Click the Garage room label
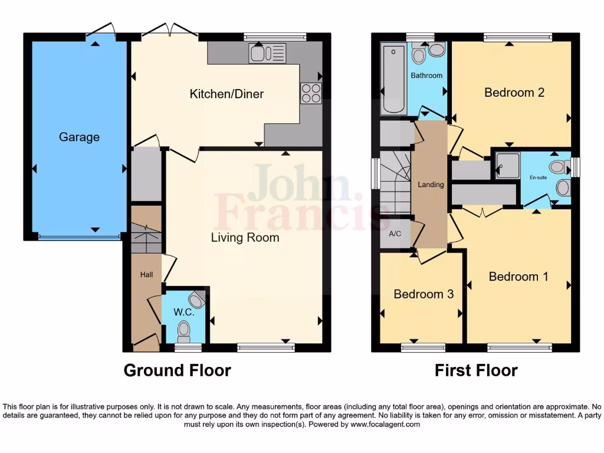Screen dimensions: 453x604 tap(79, 137)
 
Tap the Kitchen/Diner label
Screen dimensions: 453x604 tap(226, 94)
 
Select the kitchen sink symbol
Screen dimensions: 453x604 tap(267, 53)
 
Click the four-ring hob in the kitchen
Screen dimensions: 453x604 tap(311, 93)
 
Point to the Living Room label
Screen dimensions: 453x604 tap(245, 238)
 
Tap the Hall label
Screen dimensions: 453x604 tap(146, 275)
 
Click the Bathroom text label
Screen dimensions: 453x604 tap(426, 75)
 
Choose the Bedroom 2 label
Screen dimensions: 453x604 tap(506, 93)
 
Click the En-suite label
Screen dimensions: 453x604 tap(537, 177)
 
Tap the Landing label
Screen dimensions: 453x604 tap(431, 185)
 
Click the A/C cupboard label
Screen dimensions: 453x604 tap(395, 234)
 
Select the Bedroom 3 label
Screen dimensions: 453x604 tap(424, 294)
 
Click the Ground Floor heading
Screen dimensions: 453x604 tap(177, 370)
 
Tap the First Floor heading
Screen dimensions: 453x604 tap(476, 370)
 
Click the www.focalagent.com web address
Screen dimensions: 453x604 tap(385, 424)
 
